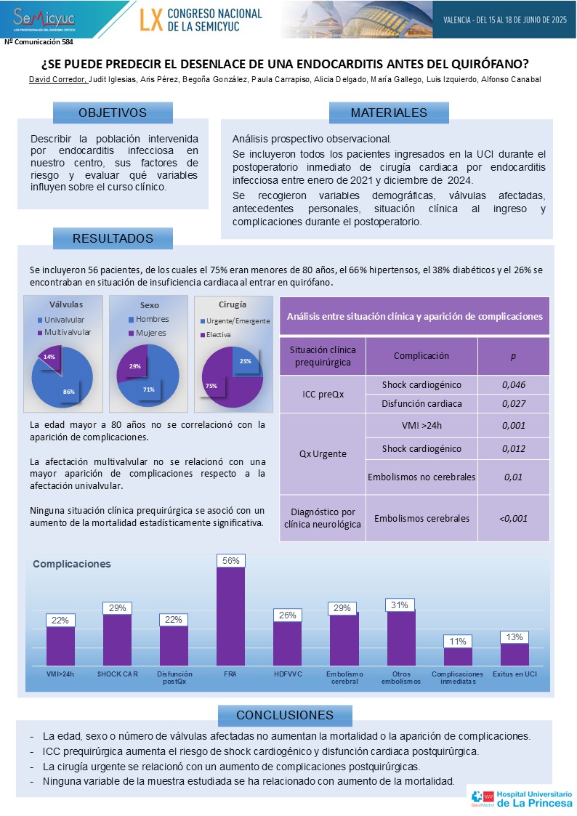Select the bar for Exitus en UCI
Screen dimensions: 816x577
(515, 655)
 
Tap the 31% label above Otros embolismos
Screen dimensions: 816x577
(400, 605)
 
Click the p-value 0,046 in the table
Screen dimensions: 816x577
(513, 385)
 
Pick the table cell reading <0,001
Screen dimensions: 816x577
(513, 518)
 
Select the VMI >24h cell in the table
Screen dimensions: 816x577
(421, 427)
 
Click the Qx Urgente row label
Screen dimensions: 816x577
(322, 453)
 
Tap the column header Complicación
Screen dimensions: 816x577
(421, 355)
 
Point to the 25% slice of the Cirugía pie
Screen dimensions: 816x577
(246, 359)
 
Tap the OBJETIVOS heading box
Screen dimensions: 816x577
(113, 113)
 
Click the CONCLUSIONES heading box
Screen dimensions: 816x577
(285, 715)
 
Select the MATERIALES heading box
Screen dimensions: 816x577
(389, 113)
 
